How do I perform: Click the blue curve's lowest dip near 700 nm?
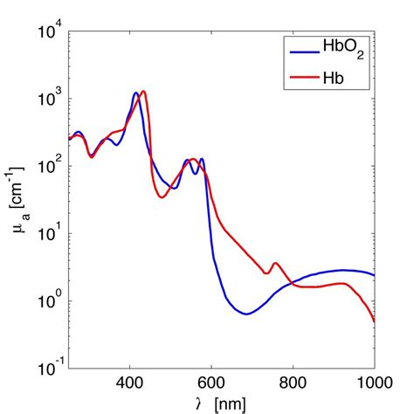[x=246, y=314]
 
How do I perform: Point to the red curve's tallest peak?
[x=143, y=91]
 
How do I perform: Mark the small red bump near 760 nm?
[x=276, y=263]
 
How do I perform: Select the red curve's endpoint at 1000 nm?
[x=374, y=321]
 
